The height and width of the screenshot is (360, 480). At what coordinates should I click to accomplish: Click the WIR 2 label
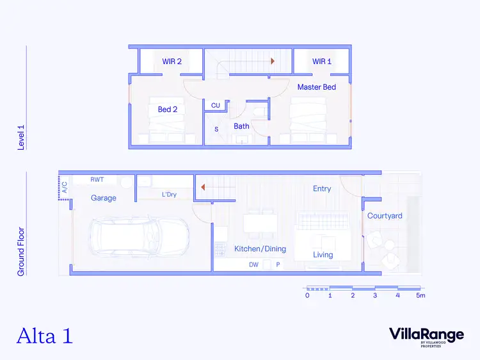tap(172, 61)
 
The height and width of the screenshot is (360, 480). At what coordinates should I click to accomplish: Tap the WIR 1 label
tap(322, 61)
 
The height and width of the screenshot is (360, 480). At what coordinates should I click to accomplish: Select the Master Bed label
tap(316, 86)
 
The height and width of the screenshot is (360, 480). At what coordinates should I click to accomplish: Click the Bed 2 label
tap(168, 110)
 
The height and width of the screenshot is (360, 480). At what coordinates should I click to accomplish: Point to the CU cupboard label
tap(216, 105)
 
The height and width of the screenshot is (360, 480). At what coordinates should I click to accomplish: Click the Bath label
tap(241, 126)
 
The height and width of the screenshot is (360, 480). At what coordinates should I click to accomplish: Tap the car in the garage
tap(140, 234)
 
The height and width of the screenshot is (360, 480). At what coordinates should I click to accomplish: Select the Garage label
tap(104, 198)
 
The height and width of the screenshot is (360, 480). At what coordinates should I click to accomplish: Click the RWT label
tap(97, 180)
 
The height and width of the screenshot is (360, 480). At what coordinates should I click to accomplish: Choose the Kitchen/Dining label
tap(260, 249)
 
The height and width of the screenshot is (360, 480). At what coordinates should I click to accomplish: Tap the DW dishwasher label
tap(253, 265)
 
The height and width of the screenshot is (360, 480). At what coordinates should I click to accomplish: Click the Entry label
tap(322, 188)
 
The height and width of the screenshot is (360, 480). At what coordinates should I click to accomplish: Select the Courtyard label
tap(385, 216)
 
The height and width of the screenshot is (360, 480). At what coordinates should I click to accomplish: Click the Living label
tap(323, 254)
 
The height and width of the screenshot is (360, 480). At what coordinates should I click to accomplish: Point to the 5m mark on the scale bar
tap(420, 295)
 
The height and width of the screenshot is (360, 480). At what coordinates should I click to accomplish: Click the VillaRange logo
tap(426, 334)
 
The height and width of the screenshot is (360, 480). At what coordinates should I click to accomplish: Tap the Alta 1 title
tap(44, 336)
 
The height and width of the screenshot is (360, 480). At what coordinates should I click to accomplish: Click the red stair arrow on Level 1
tap(273, 61)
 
